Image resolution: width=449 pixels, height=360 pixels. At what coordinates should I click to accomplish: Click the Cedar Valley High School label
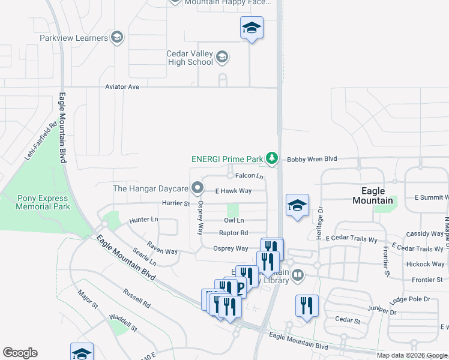point(190,58)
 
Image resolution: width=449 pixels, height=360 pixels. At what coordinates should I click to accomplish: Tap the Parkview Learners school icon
point(118,38)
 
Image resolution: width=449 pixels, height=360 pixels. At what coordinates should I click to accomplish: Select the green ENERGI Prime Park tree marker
point(273,158)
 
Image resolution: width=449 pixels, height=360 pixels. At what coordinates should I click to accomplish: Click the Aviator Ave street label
point(122,87)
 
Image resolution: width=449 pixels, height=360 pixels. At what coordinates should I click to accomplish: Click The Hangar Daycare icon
point(197,188)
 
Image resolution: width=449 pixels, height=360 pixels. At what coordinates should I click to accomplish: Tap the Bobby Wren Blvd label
point(311,159)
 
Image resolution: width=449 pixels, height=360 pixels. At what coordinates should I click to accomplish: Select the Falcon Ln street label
point(249,176)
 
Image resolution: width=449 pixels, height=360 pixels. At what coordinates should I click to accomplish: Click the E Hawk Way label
point(233,191)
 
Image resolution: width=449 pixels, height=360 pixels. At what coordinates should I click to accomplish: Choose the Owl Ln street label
point(234,221)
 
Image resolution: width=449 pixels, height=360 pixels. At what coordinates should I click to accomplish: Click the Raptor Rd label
point(234,233)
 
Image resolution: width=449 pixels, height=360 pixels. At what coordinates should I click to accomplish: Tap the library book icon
point(297,275)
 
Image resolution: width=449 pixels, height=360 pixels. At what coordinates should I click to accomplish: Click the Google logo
point(20,353)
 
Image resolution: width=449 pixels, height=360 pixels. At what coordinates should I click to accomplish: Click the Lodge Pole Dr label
point(410,299)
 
